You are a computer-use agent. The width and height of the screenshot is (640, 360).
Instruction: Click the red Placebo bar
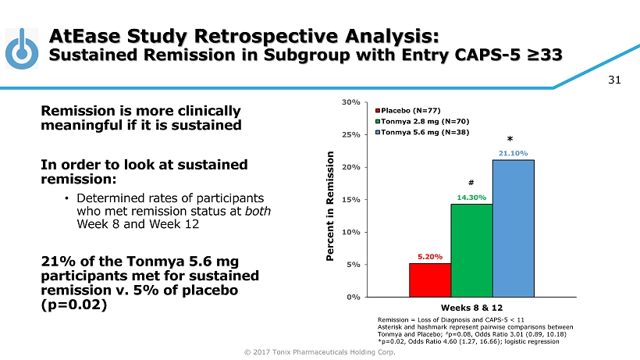tap(429, 280)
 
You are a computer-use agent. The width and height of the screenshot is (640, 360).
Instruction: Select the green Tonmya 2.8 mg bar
tap(471, 250)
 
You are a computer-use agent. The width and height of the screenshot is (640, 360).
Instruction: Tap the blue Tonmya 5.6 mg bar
tap(513, 228)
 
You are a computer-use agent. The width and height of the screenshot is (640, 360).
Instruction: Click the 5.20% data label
tap(429, 256)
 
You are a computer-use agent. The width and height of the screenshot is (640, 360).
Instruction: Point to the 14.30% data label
tap(471, 198)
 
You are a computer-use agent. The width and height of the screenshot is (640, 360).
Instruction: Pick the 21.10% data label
tap(513, 153)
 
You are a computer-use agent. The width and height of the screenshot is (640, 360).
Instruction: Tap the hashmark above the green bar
tap(471, 182)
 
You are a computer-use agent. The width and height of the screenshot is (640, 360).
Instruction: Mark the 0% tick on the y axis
tap(353, 297)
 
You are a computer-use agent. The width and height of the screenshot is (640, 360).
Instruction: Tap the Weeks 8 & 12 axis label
tap(471, 308)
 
